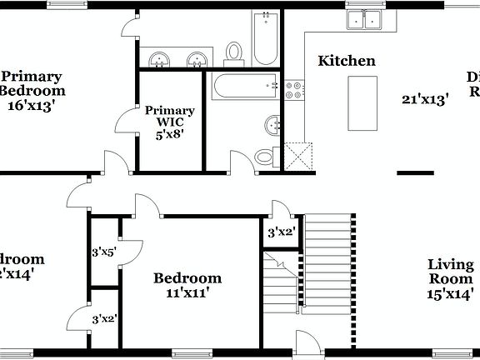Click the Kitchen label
click(x=347, y=61)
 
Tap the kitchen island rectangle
click(x=361, y=103)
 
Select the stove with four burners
click(x=295, y=89)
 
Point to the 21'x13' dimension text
click(x=425, y=98)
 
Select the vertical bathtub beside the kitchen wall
click(x=266, y=38)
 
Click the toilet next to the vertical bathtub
click(x=234, y=52)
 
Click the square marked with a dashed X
click(x=300, y=156)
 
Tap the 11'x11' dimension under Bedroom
click(x=187, y=292)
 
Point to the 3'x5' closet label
click(x=103, y=250)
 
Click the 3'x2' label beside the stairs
click(x=281, y=232)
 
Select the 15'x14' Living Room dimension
click(x=451, y=293)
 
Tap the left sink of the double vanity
click(x=157, y=59)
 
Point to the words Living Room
click(x=451, y=272)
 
